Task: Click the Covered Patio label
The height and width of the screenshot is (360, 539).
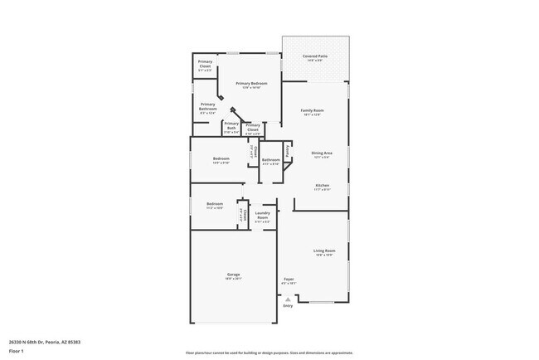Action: (x=315, y=57)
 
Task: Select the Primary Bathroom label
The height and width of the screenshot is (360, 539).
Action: (x=208, y=106)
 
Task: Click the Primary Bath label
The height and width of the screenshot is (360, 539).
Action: (x=231, y=126)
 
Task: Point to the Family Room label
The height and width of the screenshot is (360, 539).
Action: (x=312, y=111)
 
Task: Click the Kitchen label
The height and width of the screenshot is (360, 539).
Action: (x=322, y=186)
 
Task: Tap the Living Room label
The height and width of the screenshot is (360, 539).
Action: (x=324, y=251)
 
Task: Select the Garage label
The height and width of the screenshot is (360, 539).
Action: (x=234, y=276)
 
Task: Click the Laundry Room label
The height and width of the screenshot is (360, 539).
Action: (x=262, y=216)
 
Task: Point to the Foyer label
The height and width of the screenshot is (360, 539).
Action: (x=289, y=280)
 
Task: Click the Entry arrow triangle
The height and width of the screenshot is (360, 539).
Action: (x=288, y=299)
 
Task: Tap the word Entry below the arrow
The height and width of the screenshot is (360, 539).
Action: (x=288, y=306)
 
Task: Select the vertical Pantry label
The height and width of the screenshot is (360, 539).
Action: (x=288, y=151)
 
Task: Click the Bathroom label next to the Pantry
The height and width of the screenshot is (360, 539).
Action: (x=270, y=160)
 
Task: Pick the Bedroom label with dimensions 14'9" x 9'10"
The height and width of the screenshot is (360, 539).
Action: (x=221, y=160)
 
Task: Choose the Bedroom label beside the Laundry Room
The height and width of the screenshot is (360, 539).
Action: (x=215, y=205)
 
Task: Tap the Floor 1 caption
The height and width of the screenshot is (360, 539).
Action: (x=17, y=351)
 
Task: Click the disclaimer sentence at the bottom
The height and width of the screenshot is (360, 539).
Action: (x=269, y=353)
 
